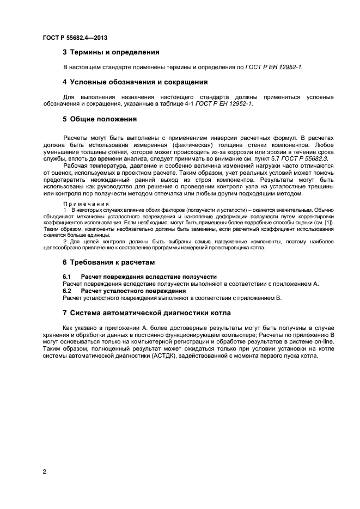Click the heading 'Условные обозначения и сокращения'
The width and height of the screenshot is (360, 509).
(x=139, y=82)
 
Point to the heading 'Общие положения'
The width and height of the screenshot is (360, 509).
(x=103, y=119)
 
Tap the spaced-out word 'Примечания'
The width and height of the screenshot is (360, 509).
(x=87, y=203)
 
